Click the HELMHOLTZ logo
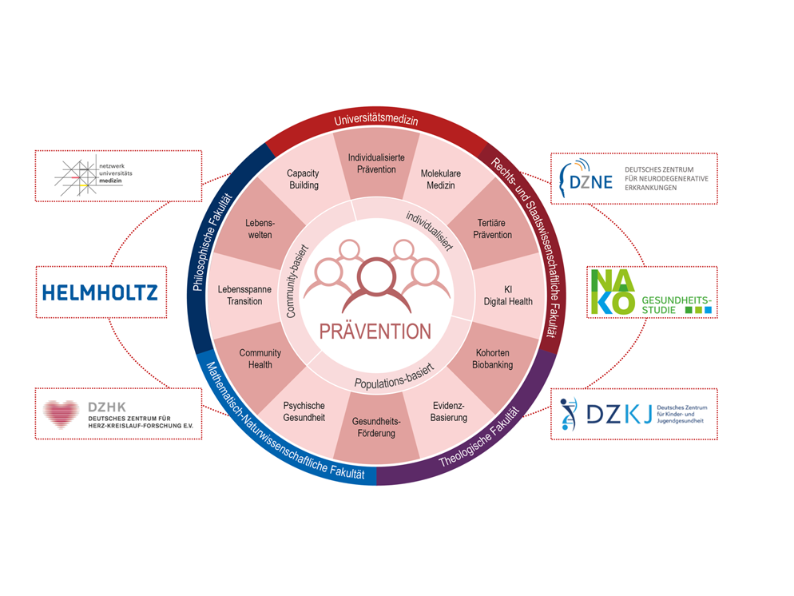[x=100, y=292]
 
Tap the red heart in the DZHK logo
[x=62, y=414]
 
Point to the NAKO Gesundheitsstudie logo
[x=649, y=292]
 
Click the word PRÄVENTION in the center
[x=375, y=331]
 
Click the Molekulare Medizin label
[x=440, y=179]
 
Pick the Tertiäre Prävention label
[x=492, y=228]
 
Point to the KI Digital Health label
[x=508, y=295]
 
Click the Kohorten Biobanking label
[x=494, y=359]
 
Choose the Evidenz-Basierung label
[x=448, y=411]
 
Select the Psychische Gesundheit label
[x=304, y=411]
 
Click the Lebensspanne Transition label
[x=245, y=295]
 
